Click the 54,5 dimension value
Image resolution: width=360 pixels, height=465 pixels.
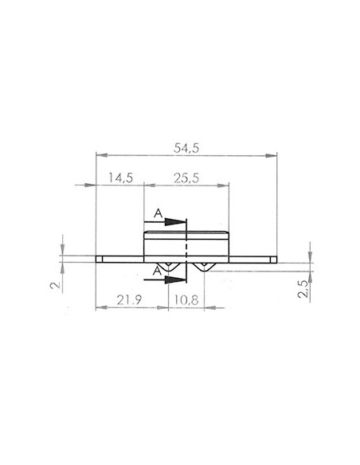click(x=186, y=148)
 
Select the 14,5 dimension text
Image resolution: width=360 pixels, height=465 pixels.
click(x=120, y=178)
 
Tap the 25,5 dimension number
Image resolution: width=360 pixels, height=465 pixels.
click(x=186, y=178)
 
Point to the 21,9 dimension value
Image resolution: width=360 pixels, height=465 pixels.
click(x=129, y=300)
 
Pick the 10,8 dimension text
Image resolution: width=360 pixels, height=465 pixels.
click(x=186, y=300)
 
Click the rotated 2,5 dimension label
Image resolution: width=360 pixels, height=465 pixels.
click(x=303, y=289)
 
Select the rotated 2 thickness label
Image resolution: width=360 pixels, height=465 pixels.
click(x=56, y=285)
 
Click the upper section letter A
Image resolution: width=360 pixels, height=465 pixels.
click(x=158, y=213)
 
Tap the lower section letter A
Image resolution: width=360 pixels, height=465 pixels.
click(x=158, y=271)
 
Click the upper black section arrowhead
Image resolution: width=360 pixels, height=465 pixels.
click(x=175, y=222)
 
